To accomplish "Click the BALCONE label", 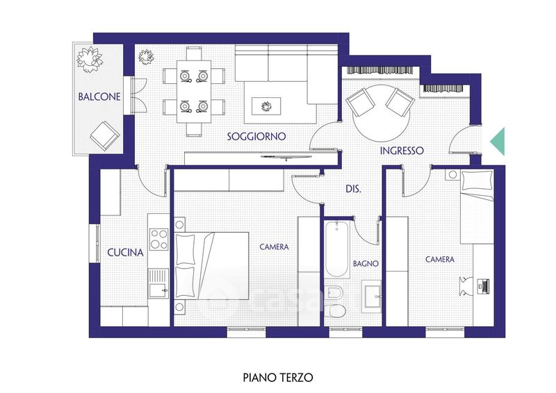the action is click(99, 97).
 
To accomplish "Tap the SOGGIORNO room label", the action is click(256, 136).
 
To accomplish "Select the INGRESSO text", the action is click(402, 151).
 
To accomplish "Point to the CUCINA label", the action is click(125, 253).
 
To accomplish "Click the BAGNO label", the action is click(366, 264).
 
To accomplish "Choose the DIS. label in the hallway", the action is click(353, 190).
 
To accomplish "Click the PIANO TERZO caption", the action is click(278, 378).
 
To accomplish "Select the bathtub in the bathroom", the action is click(337, 249).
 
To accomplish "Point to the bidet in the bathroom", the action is click(334, 293).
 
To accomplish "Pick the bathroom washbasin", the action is click(371, 296).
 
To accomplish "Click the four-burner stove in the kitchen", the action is click(158, 240).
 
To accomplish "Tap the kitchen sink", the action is click(158, 283).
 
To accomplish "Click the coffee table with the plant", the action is click(266, 106).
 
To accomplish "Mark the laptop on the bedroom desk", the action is click(483, 285).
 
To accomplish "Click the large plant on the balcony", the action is click(90, 59).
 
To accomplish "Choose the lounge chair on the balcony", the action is click(104, 135).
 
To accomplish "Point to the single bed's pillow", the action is click(477, 181).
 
